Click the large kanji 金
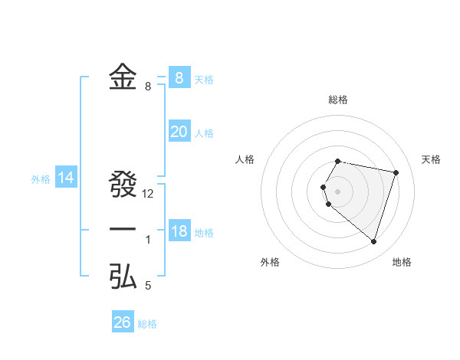123,77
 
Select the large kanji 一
123,231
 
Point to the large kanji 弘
123,277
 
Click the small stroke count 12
148,194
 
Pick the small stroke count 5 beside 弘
148,286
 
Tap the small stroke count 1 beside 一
148,240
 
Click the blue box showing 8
179,77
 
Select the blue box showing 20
179,132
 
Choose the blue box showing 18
179,231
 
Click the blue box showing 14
66,178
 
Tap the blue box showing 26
122,322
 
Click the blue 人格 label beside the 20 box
204,133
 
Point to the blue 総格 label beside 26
147,324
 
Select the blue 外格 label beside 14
41,180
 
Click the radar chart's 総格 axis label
338,100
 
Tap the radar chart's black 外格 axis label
270,262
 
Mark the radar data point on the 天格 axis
396,172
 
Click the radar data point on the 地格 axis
373,241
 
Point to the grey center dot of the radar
338,190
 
